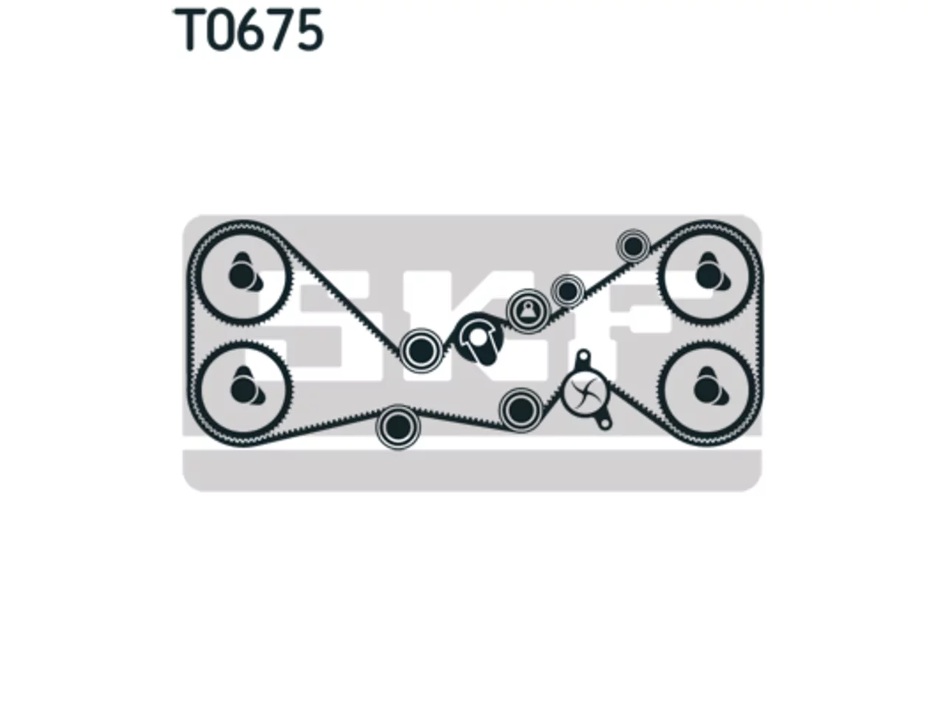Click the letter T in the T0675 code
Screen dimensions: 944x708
coord(189,30)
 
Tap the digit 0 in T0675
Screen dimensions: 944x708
coord(220,30)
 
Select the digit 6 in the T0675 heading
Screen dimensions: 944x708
coord(249,30)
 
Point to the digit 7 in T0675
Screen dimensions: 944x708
coord(279,30)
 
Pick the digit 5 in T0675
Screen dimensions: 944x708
coord(309,30)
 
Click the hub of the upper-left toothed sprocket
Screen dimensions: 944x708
coord(241,276)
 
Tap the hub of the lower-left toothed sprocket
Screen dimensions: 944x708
coord(242,389)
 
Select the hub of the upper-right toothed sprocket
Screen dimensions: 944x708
coord(707,276)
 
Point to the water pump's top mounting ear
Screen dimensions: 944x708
coord(583,357)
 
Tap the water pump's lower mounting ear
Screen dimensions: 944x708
coord(604,423)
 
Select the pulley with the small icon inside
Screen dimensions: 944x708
coord(528,310)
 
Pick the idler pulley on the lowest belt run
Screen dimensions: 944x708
coord(398,427)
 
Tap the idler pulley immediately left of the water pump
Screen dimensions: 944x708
coord(520,409)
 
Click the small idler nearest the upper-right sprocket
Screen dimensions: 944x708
coord(633,246)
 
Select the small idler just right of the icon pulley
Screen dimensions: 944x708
coord(568,291)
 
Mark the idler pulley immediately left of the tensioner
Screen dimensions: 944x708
coord(421,350)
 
